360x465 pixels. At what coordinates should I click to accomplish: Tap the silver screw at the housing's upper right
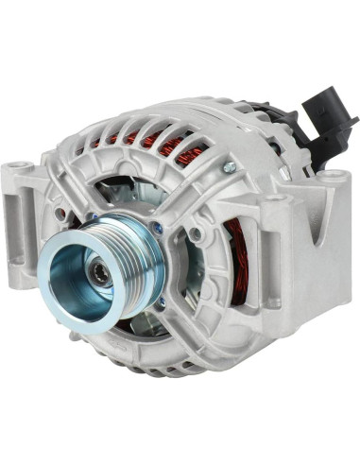(229, 167)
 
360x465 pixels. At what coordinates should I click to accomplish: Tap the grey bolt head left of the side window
(195, 233)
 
